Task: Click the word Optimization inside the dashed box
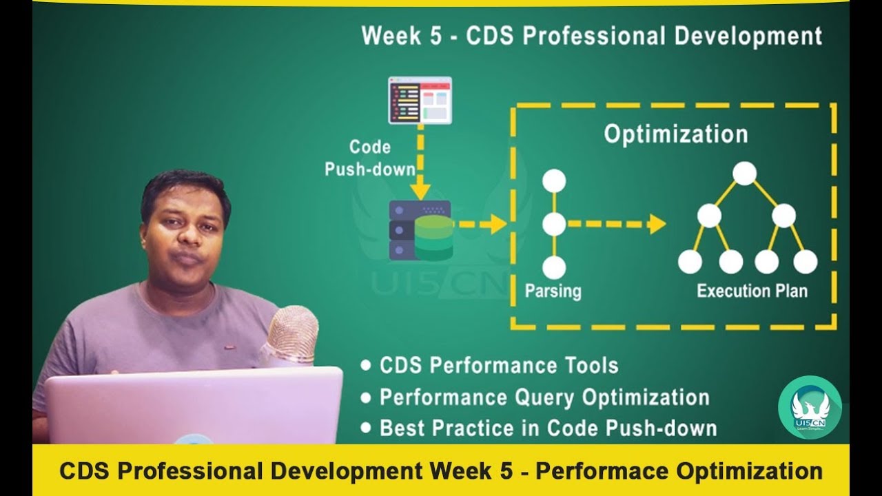(675, 134)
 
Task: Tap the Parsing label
(553, 291)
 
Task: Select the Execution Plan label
(752, 291)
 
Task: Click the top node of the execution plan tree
(744, 173)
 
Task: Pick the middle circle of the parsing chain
(554, 224)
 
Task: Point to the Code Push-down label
(370, 158)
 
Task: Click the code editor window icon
(420, 100)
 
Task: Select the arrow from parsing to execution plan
(617, 224)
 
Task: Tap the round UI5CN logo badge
(810, 407)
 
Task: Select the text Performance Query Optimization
(544, 397)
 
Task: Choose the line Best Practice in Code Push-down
(548, 428)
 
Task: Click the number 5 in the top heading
(435, 36)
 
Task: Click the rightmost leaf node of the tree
(805, 262)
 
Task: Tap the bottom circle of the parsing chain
(554, 267)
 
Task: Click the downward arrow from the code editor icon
(420, 165)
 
